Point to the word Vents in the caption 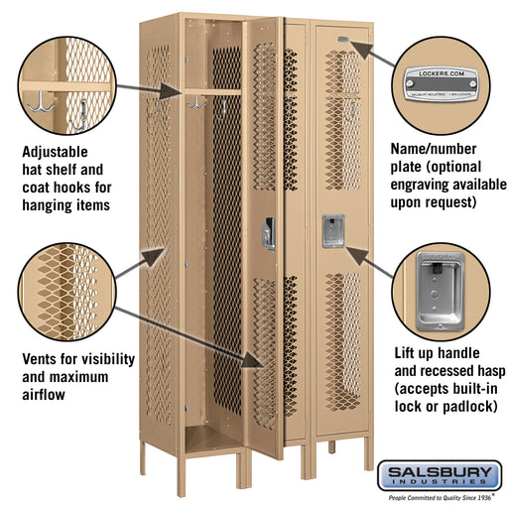pyautogui.click(x=42, y=359)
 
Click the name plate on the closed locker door pyautogui.click(x=341, y=40)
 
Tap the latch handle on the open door pyautogui.click(x=268, y=233)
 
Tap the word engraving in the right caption pyautogui.click(x=433, y=185)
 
